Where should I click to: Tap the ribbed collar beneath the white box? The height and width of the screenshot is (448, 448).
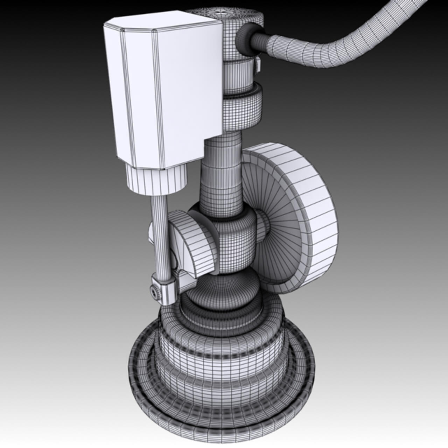click(156, 178)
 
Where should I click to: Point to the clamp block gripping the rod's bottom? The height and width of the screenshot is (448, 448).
click(164, 289)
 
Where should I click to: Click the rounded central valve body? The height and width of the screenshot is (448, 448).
click(234, 241)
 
